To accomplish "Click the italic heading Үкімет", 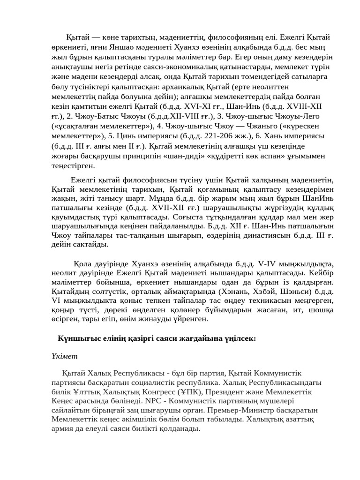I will click(x=64, y=356).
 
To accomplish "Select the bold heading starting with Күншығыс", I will click(x=157, y=338).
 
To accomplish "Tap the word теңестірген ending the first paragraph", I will click(x=73, y=165).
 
